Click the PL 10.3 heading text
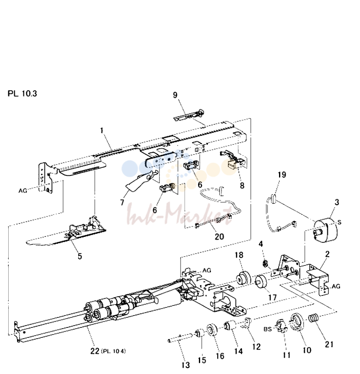22,93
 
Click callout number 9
175,95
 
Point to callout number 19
282,175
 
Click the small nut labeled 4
265,263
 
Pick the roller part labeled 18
243,278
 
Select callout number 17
272,298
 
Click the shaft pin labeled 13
180,338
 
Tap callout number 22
95,351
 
